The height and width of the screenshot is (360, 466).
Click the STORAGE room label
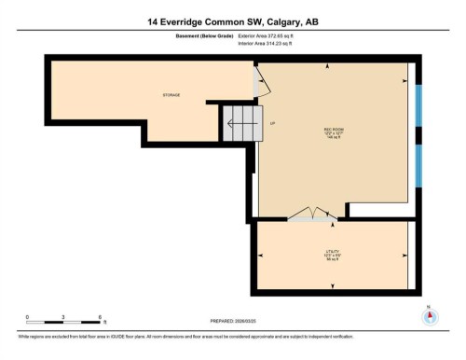(x=170, y=95)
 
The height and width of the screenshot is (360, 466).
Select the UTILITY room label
(x=332, y=255)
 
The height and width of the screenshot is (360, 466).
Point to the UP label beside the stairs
(x=272, y=123)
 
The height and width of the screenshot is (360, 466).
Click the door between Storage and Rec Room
(x=263, y=86)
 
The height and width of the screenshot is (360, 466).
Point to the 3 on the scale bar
(x=62, y=318)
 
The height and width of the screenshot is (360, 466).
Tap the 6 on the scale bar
(x=99, y=318)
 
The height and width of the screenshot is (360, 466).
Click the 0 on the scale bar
(x=27, y=318)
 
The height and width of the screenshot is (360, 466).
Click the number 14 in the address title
(x=152, y=21)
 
